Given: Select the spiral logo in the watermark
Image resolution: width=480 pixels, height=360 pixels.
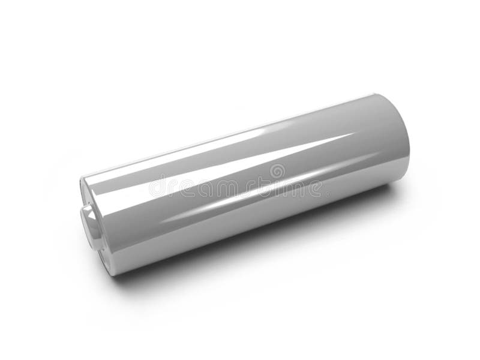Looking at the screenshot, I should point(277,172).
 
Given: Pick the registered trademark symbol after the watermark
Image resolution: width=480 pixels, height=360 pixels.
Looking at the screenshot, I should point(327,193).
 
